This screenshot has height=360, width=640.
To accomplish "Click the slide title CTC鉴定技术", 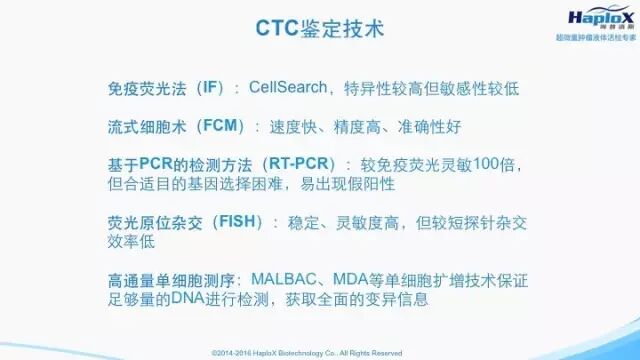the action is click(320, 29).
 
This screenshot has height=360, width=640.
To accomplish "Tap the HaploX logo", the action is click(601, 17).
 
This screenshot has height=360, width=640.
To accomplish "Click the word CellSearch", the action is click(288, 87).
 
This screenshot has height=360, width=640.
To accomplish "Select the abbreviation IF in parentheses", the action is click(210, 88).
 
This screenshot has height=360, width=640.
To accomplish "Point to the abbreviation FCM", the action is click(220, 126).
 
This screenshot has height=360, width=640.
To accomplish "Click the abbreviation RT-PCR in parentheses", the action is click(299, 164).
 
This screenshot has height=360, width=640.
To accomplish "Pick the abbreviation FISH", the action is click(237, 222).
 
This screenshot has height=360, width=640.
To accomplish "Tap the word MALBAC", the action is click(284, 280).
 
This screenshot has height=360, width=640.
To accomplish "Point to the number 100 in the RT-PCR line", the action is click(486, 164).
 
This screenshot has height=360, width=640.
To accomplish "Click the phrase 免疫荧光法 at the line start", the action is click(147, 88).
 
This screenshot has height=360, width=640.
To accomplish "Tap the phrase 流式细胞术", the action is click(147, 126).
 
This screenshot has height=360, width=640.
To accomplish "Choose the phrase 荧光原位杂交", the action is click(155, 222).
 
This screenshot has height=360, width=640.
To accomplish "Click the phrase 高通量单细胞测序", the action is click(171, 281).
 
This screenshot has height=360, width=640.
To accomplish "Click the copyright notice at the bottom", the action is click(307, 353).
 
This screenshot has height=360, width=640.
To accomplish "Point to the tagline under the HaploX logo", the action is click(596, 38).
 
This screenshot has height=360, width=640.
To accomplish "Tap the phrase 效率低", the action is click(131, 241).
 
